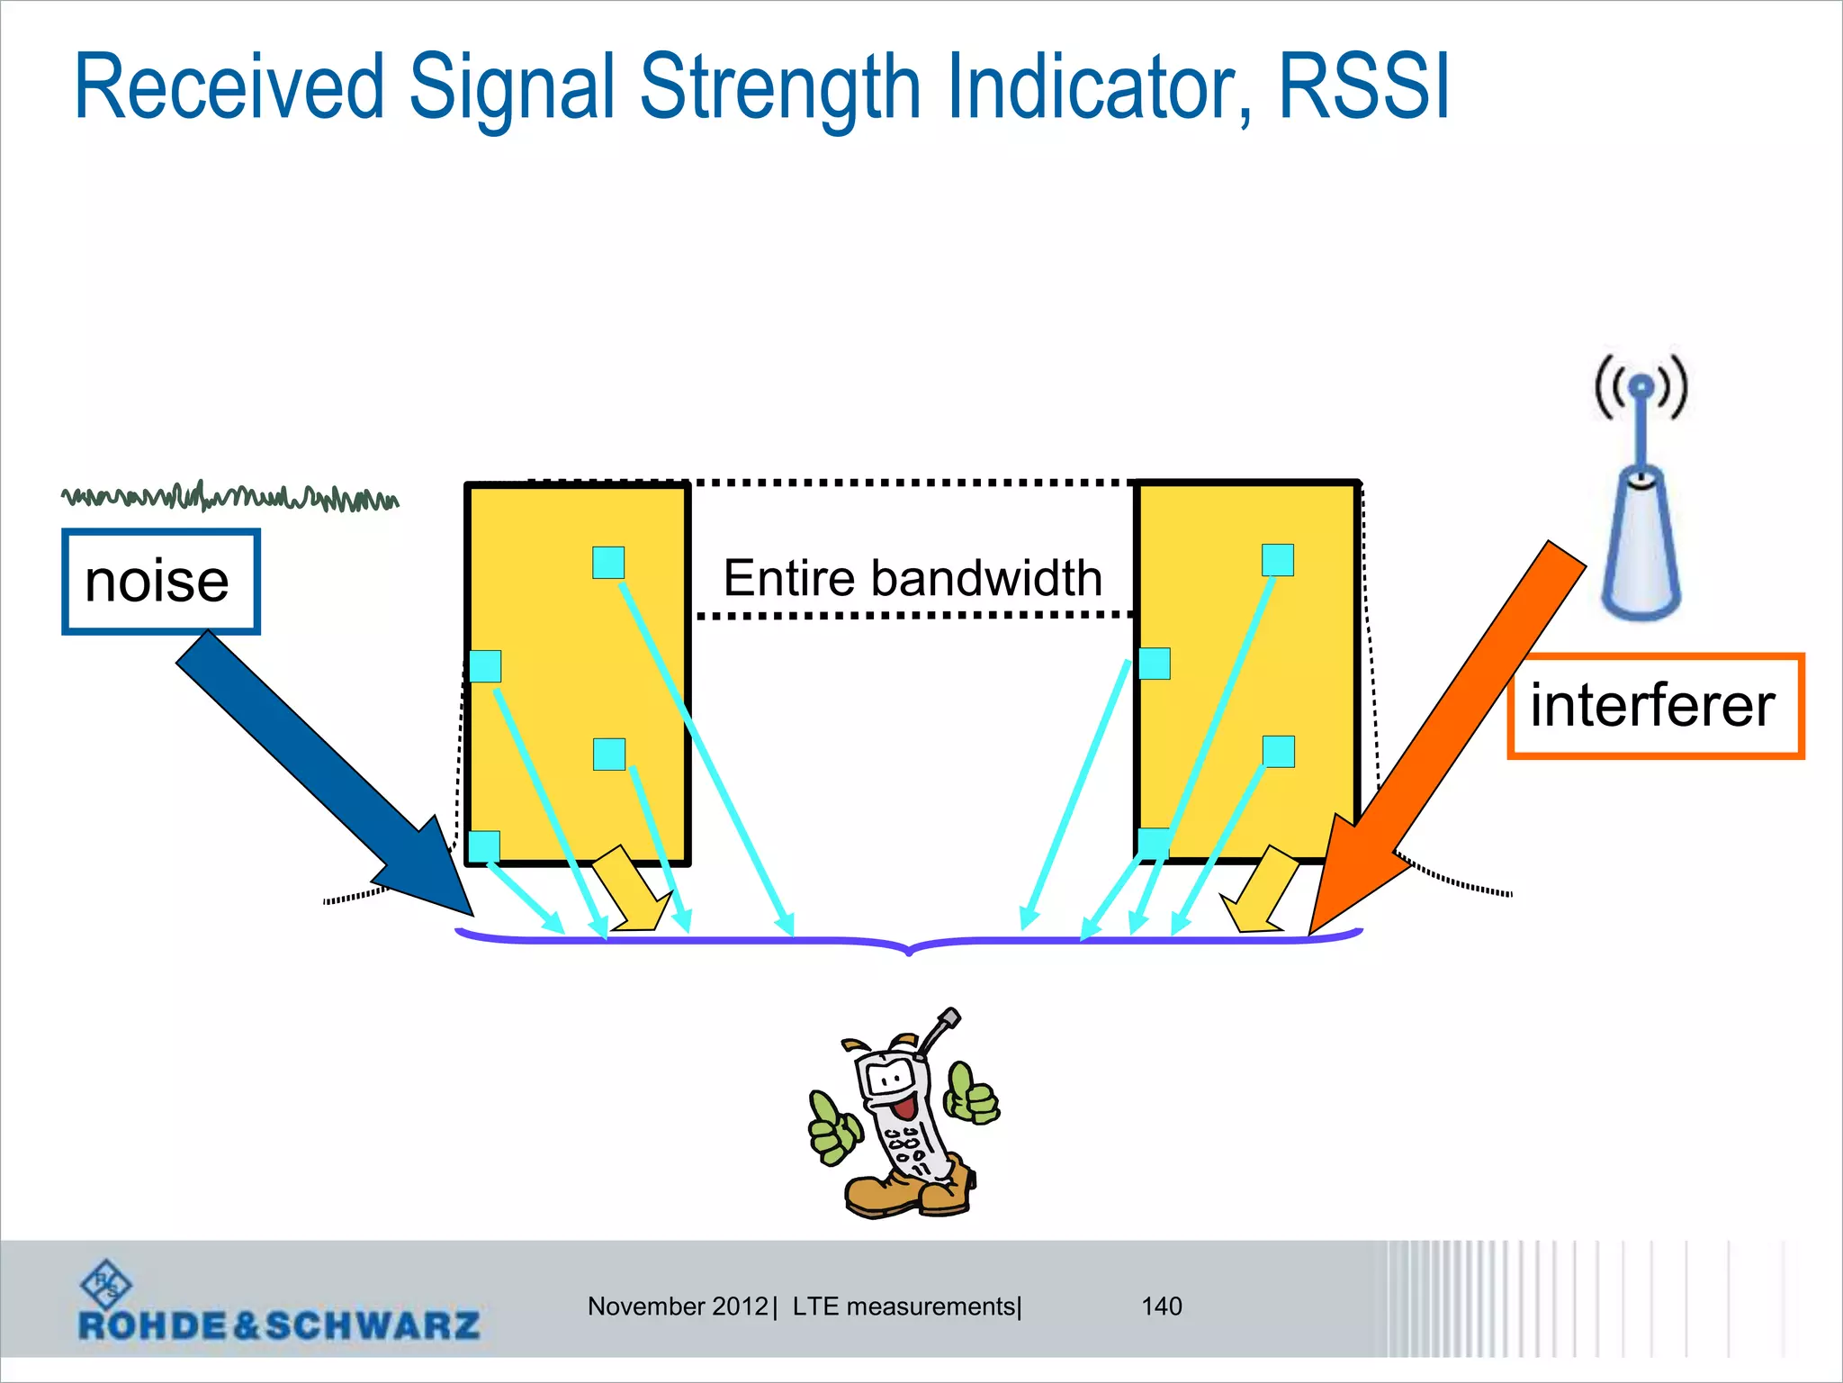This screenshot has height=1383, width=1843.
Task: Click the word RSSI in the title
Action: tap(1363, 87)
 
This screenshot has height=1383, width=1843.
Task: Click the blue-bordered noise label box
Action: tap(160, 582)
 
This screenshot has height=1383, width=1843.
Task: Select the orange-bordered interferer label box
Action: tap(1655, 706)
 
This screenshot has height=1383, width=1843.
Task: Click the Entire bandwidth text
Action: tap(913, 578)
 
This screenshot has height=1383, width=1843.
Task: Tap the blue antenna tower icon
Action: tap(1641, 504)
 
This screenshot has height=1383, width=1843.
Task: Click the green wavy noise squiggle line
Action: tap(229, 496)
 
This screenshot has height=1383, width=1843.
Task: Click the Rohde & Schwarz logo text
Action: tap(279, 1324)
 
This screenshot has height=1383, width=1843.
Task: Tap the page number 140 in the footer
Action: tap(1161, 1306)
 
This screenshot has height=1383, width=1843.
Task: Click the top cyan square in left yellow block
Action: tap(608, 563)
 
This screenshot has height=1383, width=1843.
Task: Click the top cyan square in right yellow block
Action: tap(1277, 559)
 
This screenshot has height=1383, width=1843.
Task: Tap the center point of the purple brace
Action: tap(909, 945)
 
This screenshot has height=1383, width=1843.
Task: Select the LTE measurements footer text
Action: tap(905, 1306)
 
